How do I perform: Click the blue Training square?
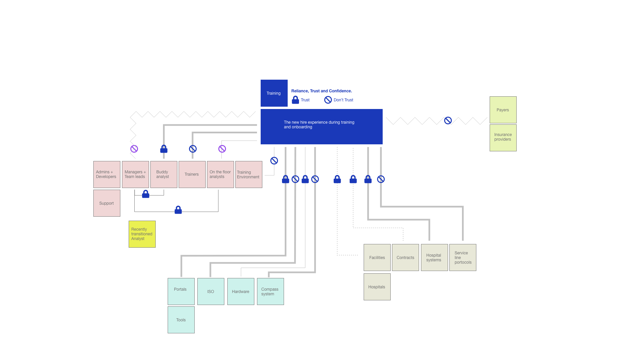274,93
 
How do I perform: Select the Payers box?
503,110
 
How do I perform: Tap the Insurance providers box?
503,138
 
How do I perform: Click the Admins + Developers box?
107,174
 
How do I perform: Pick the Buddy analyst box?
164,174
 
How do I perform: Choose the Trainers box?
192,174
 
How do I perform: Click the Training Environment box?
249,174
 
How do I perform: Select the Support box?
107,203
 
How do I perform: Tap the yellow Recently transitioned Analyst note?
142,234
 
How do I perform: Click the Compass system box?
270,291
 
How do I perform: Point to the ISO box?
211,291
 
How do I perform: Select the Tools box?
181,320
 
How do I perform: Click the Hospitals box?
377,287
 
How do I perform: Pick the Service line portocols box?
463,257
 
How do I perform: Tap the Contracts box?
405,257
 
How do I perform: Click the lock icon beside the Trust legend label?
295,100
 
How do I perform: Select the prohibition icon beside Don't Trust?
328,100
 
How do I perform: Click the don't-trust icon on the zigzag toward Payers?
448,121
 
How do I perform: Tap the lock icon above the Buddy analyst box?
164,149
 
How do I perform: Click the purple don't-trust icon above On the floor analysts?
222,149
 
